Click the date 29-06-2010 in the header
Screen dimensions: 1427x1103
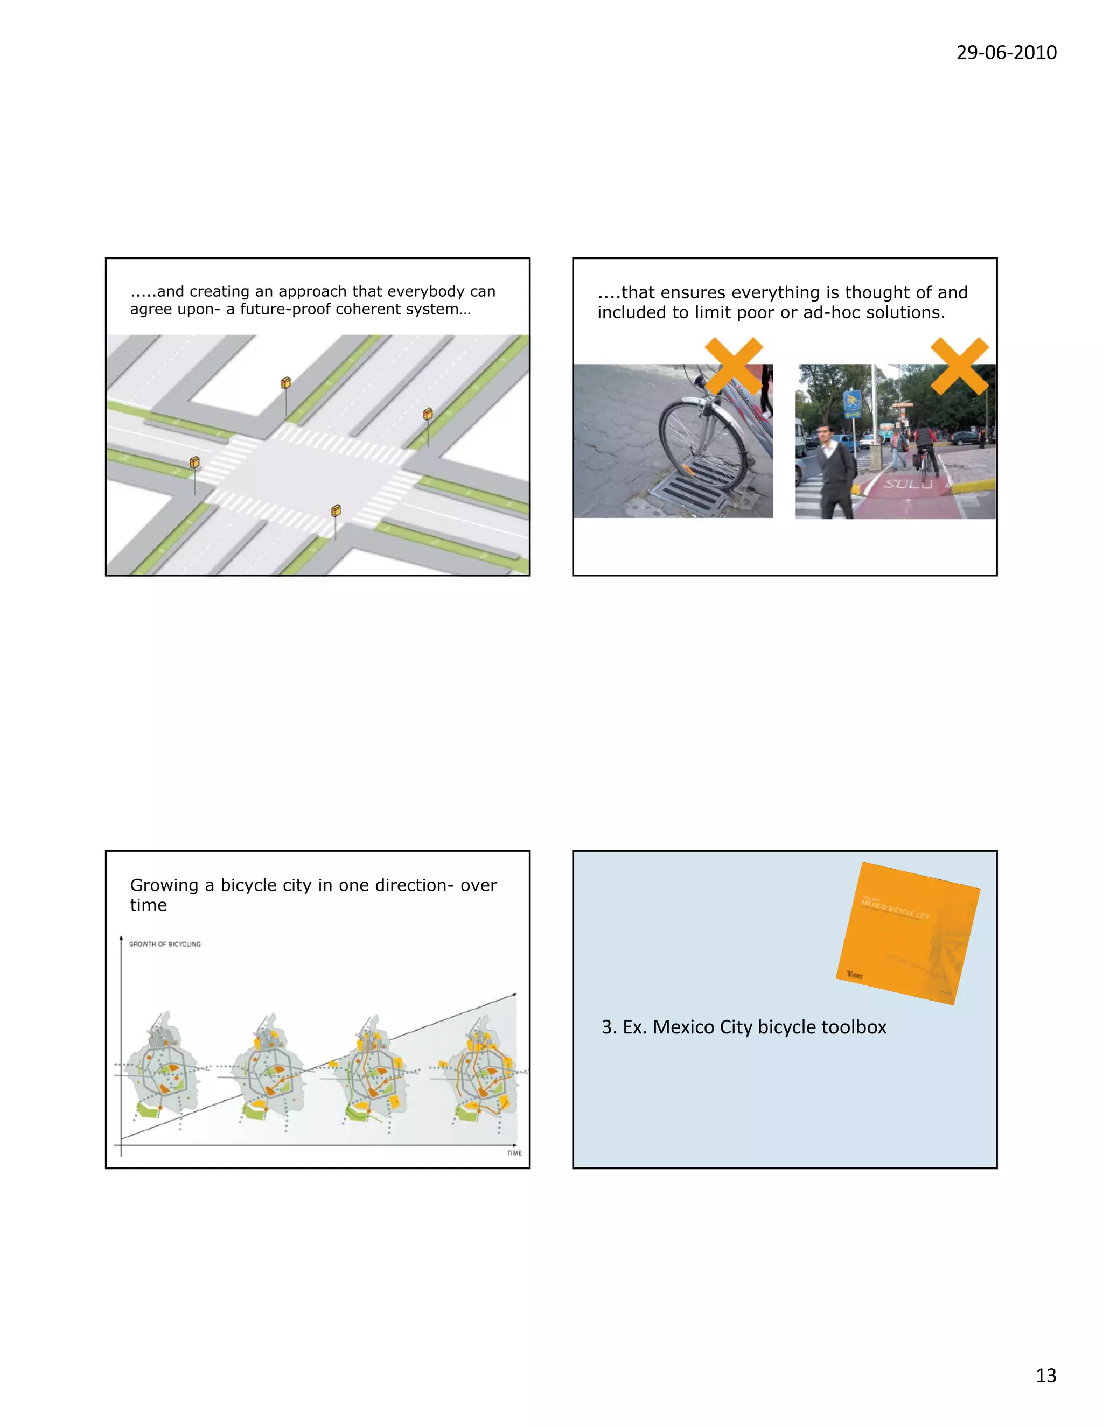click(1006, 52)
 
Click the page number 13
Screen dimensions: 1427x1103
click(1045, 1375)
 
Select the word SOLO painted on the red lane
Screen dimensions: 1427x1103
click(907, 484)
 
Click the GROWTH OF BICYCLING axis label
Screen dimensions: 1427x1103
click(165, 944)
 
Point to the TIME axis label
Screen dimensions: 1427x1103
click(514, 1153)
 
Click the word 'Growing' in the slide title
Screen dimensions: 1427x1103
click(164, 885)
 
